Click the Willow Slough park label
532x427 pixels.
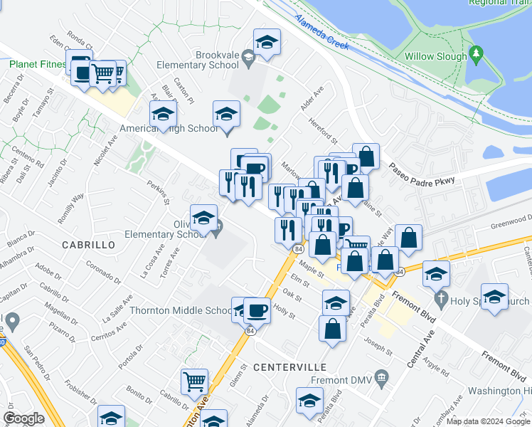(435, 56)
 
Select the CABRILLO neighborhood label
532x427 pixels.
(89, 244)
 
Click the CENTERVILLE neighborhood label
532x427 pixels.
(289, 367)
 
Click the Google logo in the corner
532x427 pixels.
(23, 418)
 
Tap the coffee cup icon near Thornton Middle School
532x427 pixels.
(257, 310)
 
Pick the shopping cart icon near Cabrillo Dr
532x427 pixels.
(194, 382)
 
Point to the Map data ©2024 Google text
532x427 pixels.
(489, 421)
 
